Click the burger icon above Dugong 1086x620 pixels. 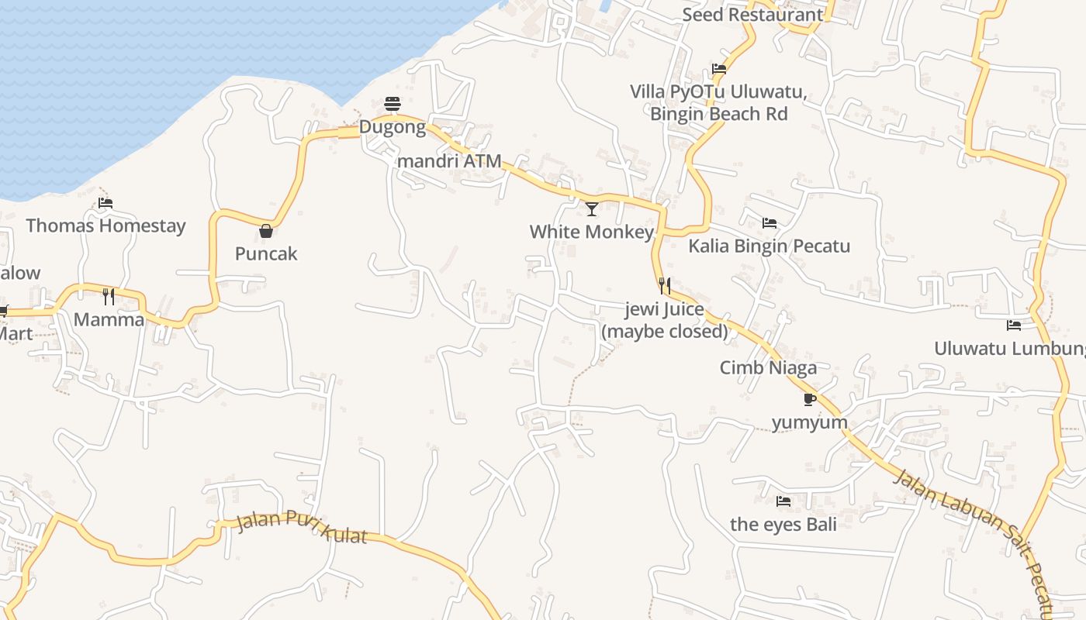393,104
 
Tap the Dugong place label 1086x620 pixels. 393,127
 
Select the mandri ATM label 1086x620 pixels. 449,162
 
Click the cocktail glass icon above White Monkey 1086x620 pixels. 592,208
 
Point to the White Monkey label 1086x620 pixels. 592,232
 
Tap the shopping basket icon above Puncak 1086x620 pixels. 266,231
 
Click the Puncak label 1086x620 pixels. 266,253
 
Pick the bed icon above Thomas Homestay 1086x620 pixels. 105,203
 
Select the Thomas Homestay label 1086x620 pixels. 105,226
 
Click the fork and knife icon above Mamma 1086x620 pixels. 109,296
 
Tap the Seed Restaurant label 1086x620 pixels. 752,15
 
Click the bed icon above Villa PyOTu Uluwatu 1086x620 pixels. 719,69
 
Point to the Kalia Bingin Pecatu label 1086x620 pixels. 770,246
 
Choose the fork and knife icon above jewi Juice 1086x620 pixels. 665,286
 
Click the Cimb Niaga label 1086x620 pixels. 768,367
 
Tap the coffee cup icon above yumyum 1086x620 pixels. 810,400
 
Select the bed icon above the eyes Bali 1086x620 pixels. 783,501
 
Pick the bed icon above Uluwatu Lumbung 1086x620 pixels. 1014,325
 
